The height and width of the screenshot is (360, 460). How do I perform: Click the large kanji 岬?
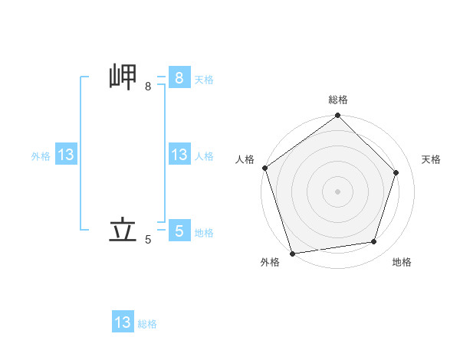(x=123, y=78)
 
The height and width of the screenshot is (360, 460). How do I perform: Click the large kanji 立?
(x=123, y=230)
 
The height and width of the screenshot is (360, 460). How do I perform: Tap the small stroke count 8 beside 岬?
(x=148, y=87)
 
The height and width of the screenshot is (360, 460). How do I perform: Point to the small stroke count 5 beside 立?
(x=148, y=240)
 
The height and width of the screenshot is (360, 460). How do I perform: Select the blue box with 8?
(x=179, y=78)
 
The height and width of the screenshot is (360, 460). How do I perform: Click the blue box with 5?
(x=179, y=231)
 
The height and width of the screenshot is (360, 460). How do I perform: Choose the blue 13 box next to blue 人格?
(x=179, y=155)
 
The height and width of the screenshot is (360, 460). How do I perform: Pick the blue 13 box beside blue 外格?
(x=65, y=155)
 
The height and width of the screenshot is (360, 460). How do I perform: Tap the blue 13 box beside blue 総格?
(x=123, y=322)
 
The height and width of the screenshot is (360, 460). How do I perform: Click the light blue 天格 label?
(x=203, y=80)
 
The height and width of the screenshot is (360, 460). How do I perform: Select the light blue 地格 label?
(x=203, y=232)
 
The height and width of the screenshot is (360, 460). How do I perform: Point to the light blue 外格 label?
(x=41, y=156)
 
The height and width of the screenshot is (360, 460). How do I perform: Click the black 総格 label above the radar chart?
(x=338, y=100)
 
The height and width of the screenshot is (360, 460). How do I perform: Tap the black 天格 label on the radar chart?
(x=431, y=159)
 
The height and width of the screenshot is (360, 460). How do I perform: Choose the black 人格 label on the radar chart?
(x=245, y=159)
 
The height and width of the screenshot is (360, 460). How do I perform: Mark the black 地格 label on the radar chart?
(x=402, y=262)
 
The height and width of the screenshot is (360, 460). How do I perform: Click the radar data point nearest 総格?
(x=338, y=116)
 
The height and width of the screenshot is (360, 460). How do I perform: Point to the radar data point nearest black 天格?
(x=396, y=172)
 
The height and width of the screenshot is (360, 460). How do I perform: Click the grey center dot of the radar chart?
(x=338, y=191)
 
